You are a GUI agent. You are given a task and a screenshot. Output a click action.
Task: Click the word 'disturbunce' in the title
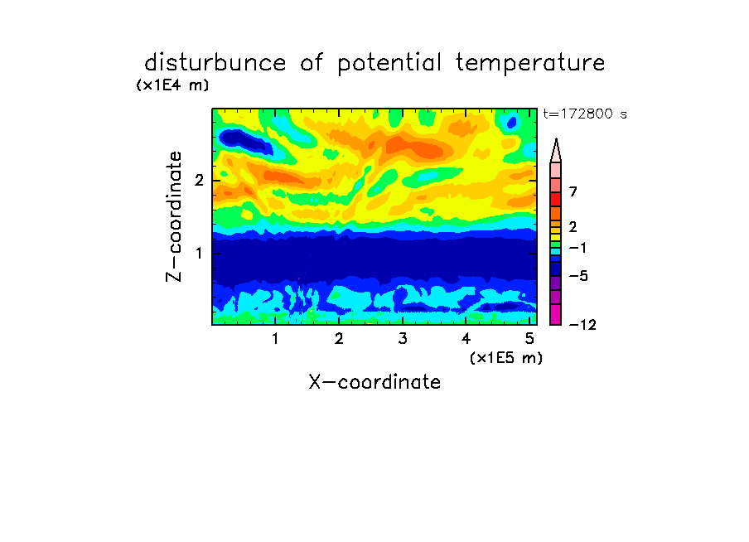(x=215, y=63)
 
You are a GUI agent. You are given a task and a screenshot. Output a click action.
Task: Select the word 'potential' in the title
(x=389, y=64)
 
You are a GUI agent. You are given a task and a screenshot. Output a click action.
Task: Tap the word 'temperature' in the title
(x=530, y=64)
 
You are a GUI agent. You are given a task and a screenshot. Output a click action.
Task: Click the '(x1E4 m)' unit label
(x=172, y=85)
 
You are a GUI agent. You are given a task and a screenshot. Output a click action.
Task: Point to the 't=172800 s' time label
(x=585, y=114)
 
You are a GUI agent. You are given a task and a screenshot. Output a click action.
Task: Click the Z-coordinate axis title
(x=174, y=216)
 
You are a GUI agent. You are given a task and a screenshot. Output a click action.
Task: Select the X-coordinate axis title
(x=374, y=382)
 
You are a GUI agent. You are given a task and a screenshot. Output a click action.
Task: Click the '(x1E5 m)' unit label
(x=506, y=357)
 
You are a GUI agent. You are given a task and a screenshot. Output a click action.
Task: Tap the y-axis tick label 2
(x=199, y=181)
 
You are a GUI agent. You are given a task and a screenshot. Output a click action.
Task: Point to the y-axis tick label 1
(x=199, y=253)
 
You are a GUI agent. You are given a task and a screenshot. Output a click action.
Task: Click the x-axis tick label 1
(x=275, y=338)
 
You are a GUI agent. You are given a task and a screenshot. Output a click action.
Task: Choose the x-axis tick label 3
(x=403, y=338)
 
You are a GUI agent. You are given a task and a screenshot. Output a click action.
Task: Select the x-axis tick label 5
(x=529, y=338)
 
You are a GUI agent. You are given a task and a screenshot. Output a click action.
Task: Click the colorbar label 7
(x=573, y=191)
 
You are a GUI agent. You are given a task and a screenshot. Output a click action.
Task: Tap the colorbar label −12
(x=582, y=325)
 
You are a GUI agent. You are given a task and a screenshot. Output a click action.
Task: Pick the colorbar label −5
(x=578, y=276)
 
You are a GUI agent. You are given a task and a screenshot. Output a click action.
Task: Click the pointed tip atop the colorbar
(x=556, y=139)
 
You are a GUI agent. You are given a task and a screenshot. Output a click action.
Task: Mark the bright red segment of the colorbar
(x=556, y=199)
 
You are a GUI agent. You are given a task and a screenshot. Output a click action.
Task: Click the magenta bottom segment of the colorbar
(x=556, y=314)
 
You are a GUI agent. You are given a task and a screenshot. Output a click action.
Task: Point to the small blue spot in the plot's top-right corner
(x=511, y=123)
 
